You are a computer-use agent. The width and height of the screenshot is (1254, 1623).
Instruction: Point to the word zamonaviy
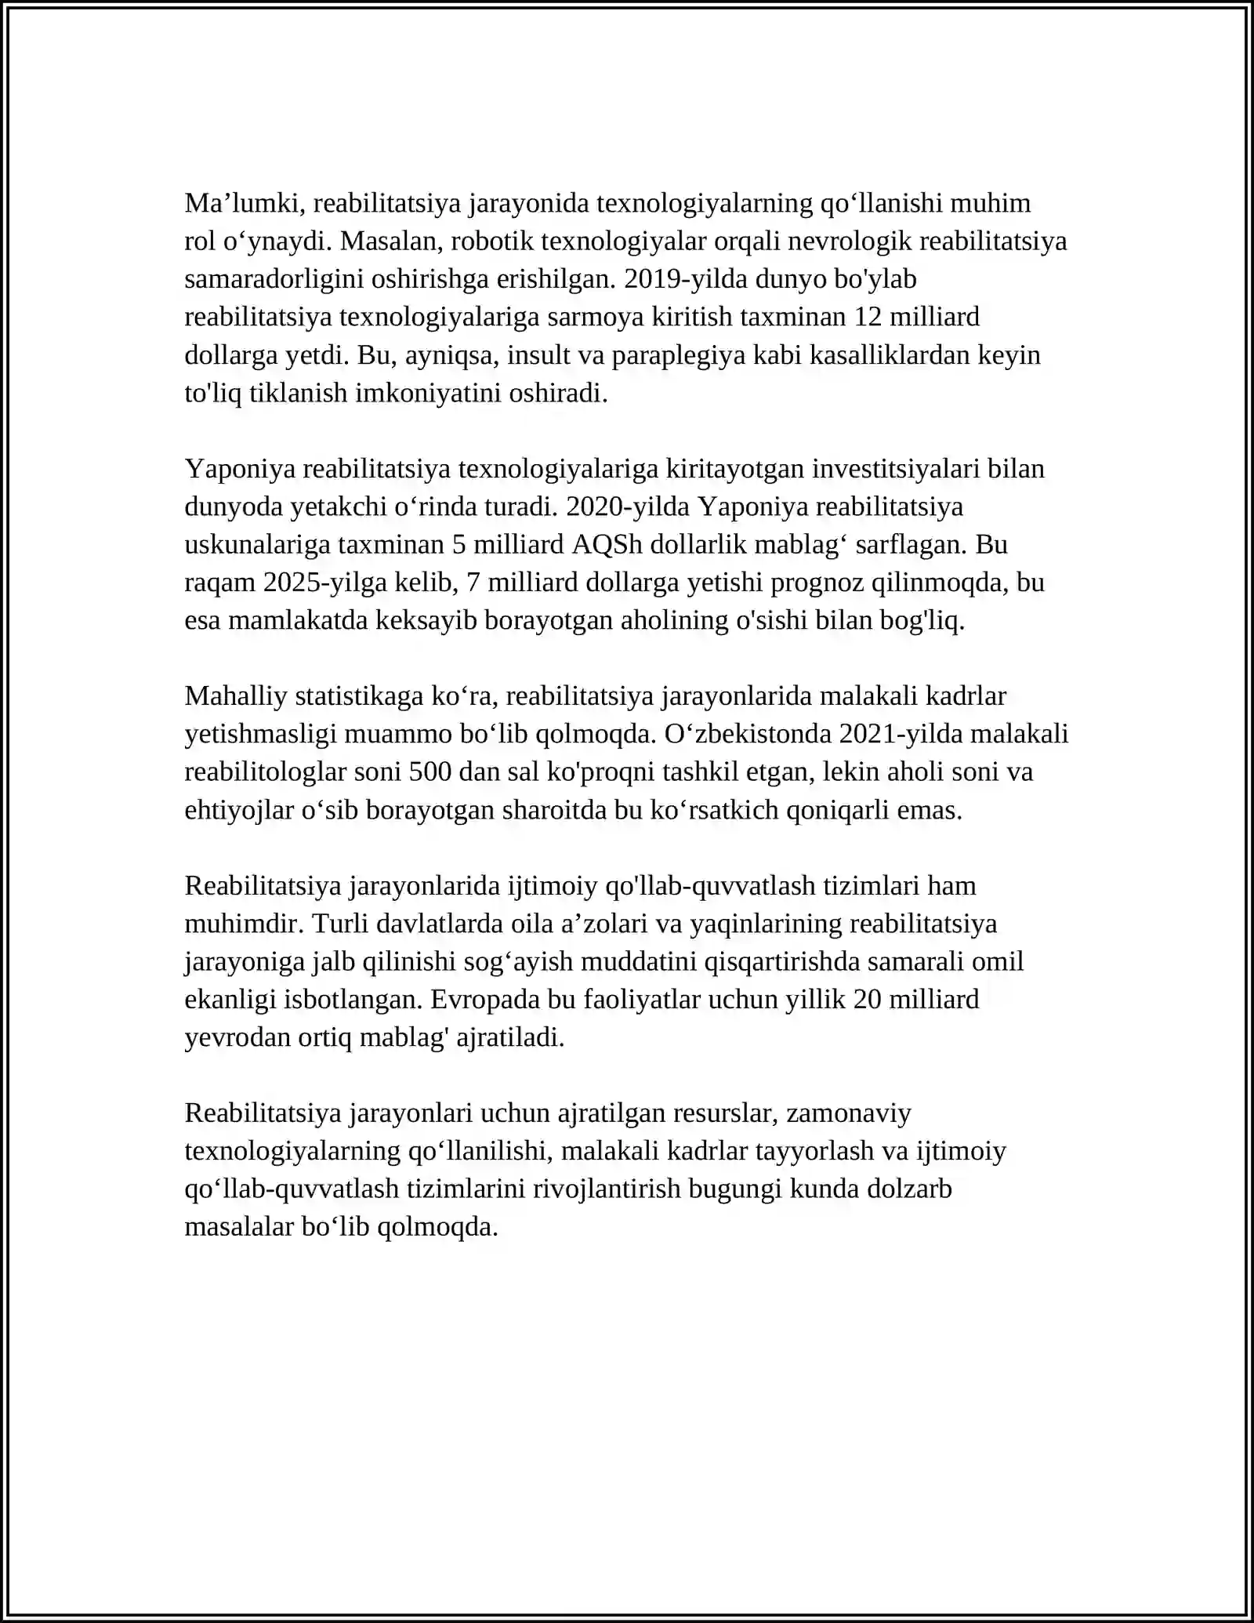click(x=848, y=1113)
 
